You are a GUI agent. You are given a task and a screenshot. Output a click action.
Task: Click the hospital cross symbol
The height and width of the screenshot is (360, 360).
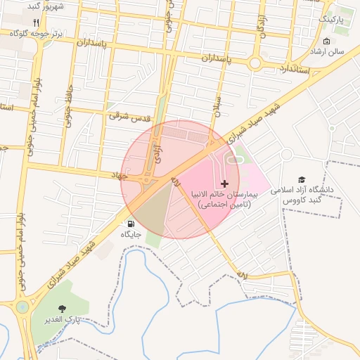pyautogui.click(x=224, y=184)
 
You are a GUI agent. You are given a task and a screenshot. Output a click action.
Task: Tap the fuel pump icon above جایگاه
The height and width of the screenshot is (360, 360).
pyautogui.click(x=132, y=224)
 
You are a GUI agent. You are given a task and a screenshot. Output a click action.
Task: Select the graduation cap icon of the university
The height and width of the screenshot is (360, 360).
pyautogui.click(x=302, y=181)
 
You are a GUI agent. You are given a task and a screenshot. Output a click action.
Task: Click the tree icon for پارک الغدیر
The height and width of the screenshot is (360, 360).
pyautogui.click(x=63, y=309)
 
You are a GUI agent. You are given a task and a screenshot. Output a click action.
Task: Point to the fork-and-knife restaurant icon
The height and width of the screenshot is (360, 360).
pyautogui.click(x=37, y=22)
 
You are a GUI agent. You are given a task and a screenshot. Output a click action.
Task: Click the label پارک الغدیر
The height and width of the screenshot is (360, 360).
pyautogui.click(x=61, y=320)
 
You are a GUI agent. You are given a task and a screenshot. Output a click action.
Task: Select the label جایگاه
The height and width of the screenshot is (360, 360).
pyautogui.click(x=131, y=234)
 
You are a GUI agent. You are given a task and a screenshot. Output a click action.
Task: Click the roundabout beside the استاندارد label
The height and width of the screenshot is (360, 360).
pyautogui.click(x=255, y=63)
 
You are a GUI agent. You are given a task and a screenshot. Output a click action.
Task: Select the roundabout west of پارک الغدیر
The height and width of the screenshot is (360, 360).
pyautogui.click(x=22, y=307)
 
